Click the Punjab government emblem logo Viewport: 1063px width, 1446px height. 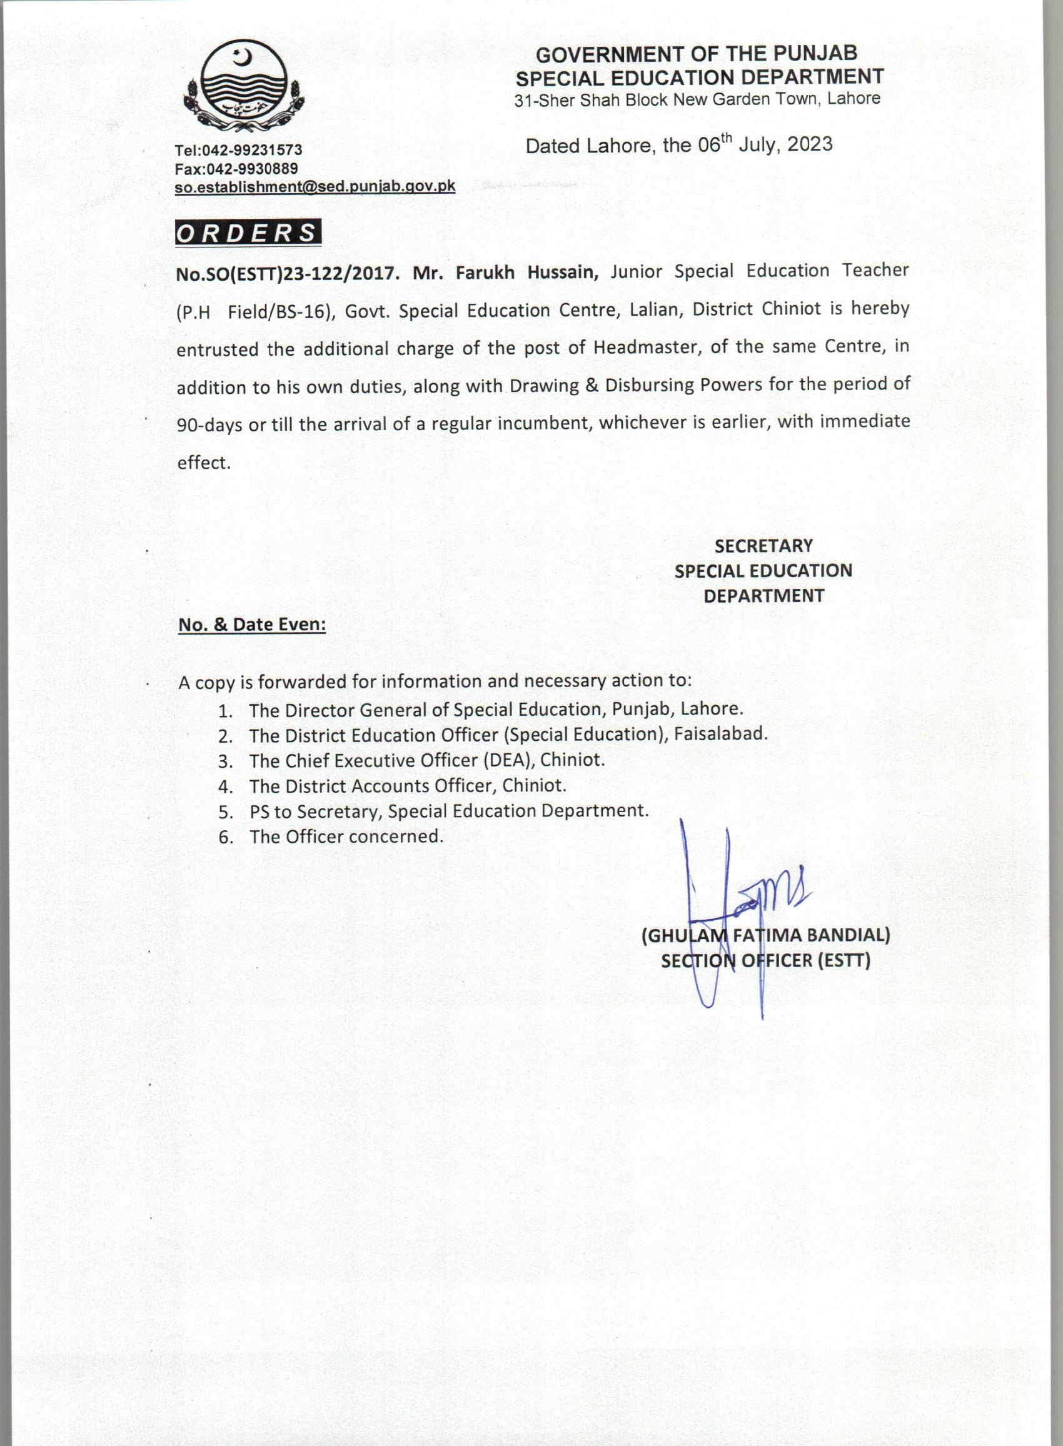[x=244, y=88]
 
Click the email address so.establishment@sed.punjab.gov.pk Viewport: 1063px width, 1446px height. [x=315, y=187]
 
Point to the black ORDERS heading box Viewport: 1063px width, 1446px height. [x=248, y=233]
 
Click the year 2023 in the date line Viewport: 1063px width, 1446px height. [x=810, y=144]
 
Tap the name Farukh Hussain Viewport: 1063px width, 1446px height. [x=527, y=273]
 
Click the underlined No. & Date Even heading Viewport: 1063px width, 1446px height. [x=252, y=625]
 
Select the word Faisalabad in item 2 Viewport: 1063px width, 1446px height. [x=721, y=734]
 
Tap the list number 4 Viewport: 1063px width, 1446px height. [x=224, y=786]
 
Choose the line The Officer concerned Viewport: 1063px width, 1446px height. [x=346, y=837]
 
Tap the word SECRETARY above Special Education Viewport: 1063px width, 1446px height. [x=763, y=546]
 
